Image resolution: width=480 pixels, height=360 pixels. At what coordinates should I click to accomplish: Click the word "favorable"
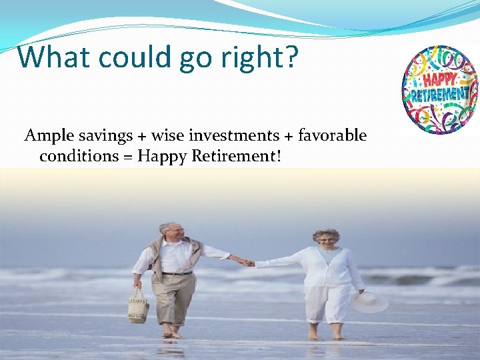click(332, 136)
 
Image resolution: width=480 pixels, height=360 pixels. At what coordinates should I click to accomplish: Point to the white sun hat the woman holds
click(369, 301)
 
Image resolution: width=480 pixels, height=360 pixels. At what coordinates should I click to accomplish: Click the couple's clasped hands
click(247, 263)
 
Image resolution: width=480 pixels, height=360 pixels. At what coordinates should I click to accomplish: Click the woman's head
click(326, 239)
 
